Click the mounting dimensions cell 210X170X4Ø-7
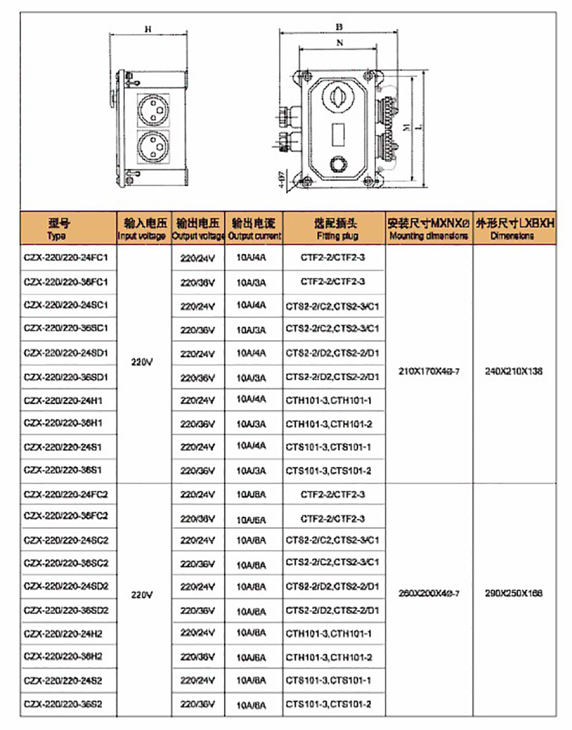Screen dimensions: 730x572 [429, 371]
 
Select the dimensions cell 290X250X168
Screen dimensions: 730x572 [513, 593]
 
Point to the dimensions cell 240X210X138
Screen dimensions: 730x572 [513, 371]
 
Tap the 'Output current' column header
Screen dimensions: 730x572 [254, 229]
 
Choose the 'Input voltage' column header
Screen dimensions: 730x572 [142, 229]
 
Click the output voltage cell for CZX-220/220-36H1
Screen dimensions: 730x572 [198, 424]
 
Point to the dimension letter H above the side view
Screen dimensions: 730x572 [148, 29]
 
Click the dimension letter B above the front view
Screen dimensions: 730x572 [339, 26]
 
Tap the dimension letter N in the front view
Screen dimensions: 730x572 [339, 43]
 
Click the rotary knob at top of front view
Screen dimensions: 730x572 [338, 97]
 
